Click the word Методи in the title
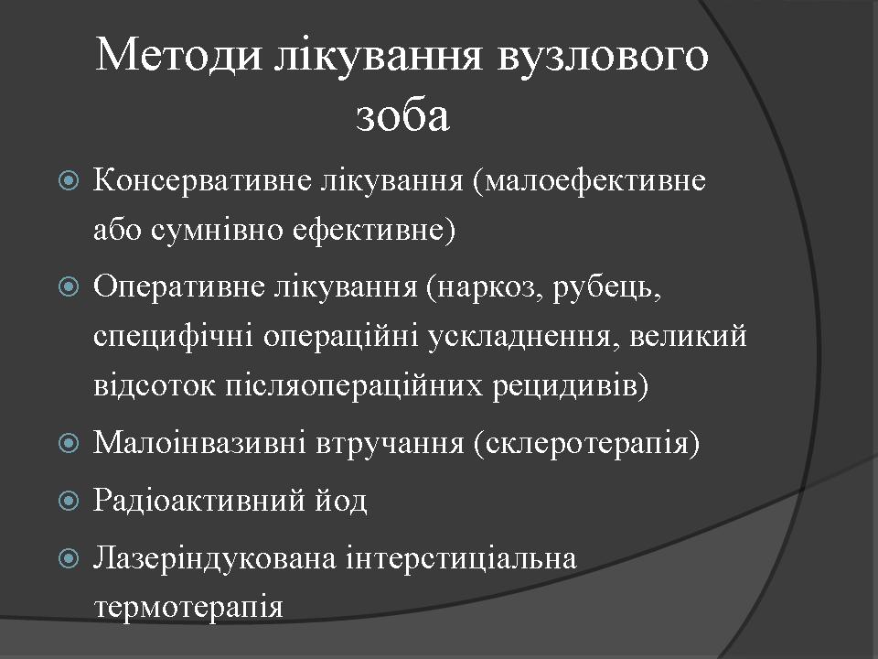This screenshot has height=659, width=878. coord(178,55)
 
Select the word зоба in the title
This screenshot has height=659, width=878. coord(402,115)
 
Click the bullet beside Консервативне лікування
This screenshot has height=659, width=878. coord(69,180)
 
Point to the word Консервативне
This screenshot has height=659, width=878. coord(202,180)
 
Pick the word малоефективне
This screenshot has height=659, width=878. coord(590,181)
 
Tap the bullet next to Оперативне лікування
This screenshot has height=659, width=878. coord(69,286)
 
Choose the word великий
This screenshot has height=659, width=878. coord(688,336)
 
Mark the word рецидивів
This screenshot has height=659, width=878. coord(570,386)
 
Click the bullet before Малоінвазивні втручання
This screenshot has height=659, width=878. coord(69,443)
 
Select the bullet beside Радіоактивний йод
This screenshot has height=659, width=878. coord(69,500)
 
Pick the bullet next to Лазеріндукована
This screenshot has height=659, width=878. coord(69,558)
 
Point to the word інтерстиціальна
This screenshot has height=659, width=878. coord(461,558)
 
